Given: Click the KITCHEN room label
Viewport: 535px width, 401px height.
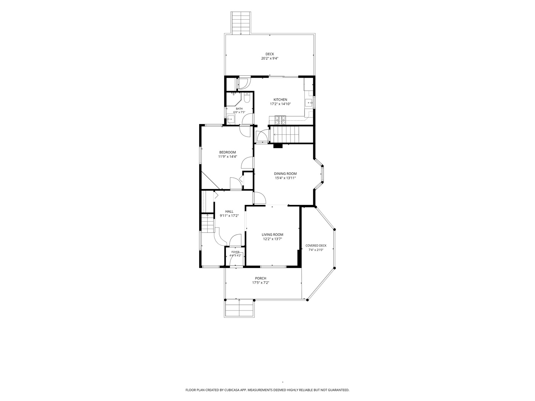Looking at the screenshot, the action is coord(280,100).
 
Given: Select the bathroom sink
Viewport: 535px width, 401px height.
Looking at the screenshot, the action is coord(230,119).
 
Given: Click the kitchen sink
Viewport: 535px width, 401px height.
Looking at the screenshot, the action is coord(309,103).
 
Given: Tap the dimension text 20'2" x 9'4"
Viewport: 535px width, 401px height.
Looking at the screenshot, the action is coord(270,58).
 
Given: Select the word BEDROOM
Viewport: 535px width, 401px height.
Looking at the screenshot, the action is coord(227,152).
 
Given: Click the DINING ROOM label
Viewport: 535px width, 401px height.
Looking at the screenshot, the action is coord(285,174).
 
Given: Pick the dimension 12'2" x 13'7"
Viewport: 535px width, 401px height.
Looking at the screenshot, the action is coord(272,239).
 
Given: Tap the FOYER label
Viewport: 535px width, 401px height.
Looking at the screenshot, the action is coord(235,252).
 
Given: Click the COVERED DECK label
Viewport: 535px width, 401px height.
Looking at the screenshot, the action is coord(316,246).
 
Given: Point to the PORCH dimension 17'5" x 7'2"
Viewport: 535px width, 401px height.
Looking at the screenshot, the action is coord(260,283).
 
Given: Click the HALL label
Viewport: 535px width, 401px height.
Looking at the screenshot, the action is coord(229,212).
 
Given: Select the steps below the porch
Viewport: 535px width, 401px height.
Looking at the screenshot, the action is coord(239,309).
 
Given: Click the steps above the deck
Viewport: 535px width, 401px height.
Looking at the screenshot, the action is coord(241,23).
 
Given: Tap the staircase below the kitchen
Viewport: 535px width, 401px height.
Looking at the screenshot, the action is coord(286,135).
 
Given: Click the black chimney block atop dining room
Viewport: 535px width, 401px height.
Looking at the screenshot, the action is coord(278,146).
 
